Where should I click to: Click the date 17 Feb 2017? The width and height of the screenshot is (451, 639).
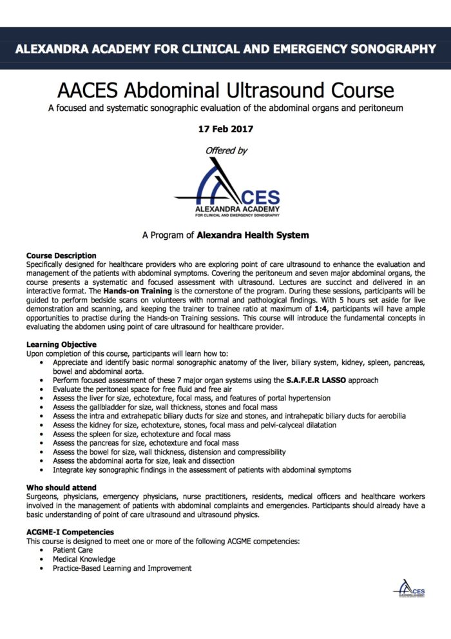[225, 129]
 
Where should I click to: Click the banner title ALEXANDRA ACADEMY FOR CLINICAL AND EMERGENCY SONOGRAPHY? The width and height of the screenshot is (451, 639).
[225, 48]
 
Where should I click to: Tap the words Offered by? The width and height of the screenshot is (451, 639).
[225, 150]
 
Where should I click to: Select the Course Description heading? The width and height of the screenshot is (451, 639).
[61, 256]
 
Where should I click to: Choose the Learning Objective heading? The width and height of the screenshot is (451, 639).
[61, 345]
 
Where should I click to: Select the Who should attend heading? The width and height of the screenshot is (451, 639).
[61, 487]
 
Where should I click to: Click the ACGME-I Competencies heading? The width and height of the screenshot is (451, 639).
[70, 532]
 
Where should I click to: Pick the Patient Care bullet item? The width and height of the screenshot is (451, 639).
[75, 550]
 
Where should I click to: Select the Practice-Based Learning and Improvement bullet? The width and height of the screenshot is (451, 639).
[122, 568]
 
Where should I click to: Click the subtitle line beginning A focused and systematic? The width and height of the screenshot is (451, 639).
[225, 108]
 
